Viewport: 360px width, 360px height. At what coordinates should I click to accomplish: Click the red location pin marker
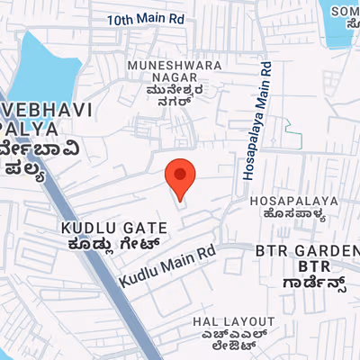(181, 176)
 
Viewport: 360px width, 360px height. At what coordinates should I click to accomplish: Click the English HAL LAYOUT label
(234, 321)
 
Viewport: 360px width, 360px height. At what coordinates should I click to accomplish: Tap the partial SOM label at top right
(346, 11)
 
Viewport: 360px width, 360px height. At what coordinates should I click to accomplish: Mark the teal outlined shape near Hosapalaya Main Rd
(293, 136)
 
